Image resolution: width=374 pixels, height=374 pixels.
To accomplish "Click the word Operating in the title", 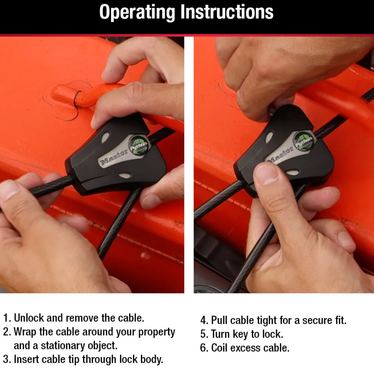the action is [137, 12].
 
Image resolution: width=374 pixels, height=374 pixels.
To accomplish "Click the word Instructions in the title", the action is [227, 12].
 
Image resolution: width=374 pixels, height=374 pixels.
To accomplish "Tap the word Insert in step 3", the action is [26, 359].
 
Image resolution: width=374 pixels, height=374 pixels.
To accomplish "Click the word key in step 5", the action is [240, 334].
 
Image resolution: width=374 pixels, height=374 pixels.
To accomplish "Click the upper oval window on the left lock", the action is [105, 138].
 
